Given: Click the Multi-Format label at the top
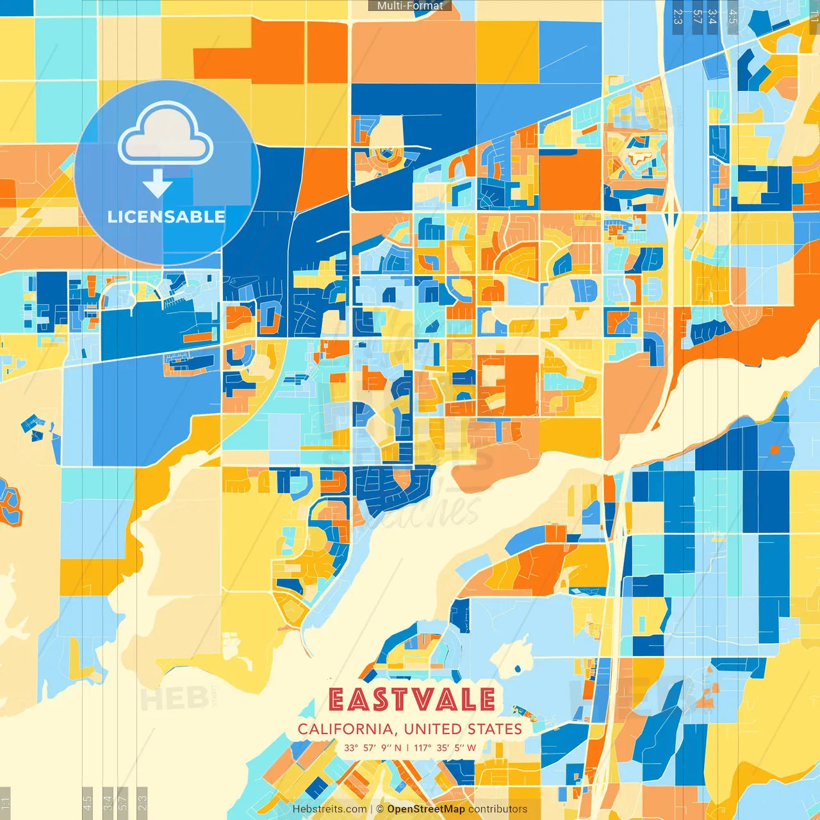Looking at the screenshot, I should click(410, 6).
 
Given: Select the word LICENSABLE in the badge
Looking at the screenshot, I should click(167, 217).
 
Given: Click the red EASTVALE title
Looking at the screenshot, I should click(412, 700).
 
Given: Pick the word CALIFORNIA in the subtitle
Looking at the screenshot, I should click(345, 729).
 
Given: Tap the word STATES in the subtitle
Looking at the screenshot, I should click(495, 729).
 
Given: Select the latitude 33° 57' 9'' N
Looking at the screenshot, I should click(373, 748).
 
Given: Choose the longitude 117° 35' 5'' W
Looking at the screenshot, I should click(445, 748).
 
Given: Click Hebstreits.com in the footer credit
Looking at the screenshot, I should click(329, 809).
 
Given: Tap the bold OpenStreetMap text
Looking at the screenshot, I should click(426, 809).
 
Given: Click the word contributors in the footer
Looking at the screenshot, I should click(498, 809).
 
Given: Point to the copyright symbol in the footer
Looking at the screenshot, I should click(379, 809).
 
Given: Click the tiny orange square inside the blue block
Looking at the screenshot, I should click(774, 450).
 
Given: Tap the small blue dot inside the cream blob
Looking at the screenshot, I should click(516, 670).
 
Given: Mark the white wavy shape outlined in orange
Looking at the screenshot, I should click(639, 156).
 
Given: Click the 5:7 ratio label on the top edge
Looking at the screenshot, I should click(697, 16).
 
